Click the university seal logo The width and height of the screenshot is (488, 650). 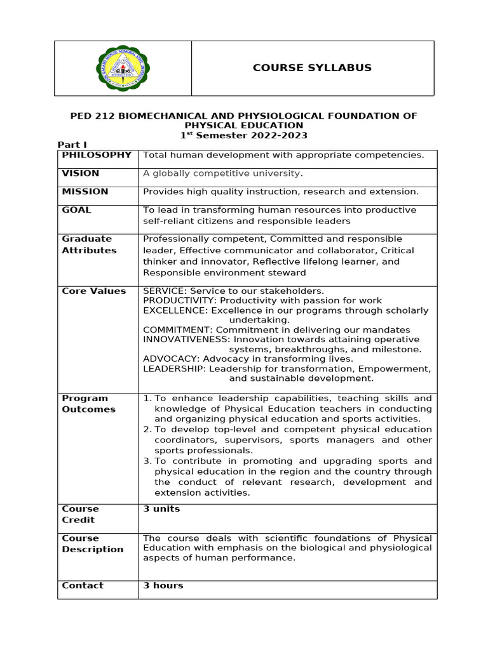(x=123, y=68)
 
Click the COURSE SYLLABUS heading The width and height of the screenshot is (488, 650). (x=312, y=68)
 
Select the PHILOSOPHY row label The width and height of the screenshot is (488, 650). (x=97, y=155)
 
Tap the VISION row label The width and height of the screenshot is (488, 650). (x=80, y=173)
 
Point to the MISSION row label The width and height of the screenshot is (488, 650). (x=85, y=192)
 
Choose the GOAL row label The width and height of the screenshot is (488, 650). (x=76, y=210)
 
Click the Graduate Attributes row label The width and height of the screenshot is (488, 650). (x=89, y=244)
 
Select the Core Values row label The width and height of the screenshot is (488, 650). (x=93, y=291)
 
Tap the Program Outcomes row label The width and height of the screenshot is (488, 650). (x=88, y=404)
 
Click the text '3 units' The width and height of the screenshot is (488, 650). (x=161, y=509)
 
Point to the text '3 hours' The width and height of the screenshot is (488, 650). (x=163, y=586)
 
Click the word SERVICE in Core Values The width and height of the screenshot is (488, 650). (x=163, y=291)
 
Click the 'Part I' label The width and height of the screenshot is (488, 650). (x=72, y=145)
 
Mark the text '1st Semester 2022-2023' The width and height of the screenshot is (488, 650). (x=243, y=135)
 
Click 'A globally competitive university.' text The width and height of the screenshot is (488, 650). (x=223, y=173)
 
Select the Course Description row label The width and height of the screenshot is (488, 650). (x=92, y=544)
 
